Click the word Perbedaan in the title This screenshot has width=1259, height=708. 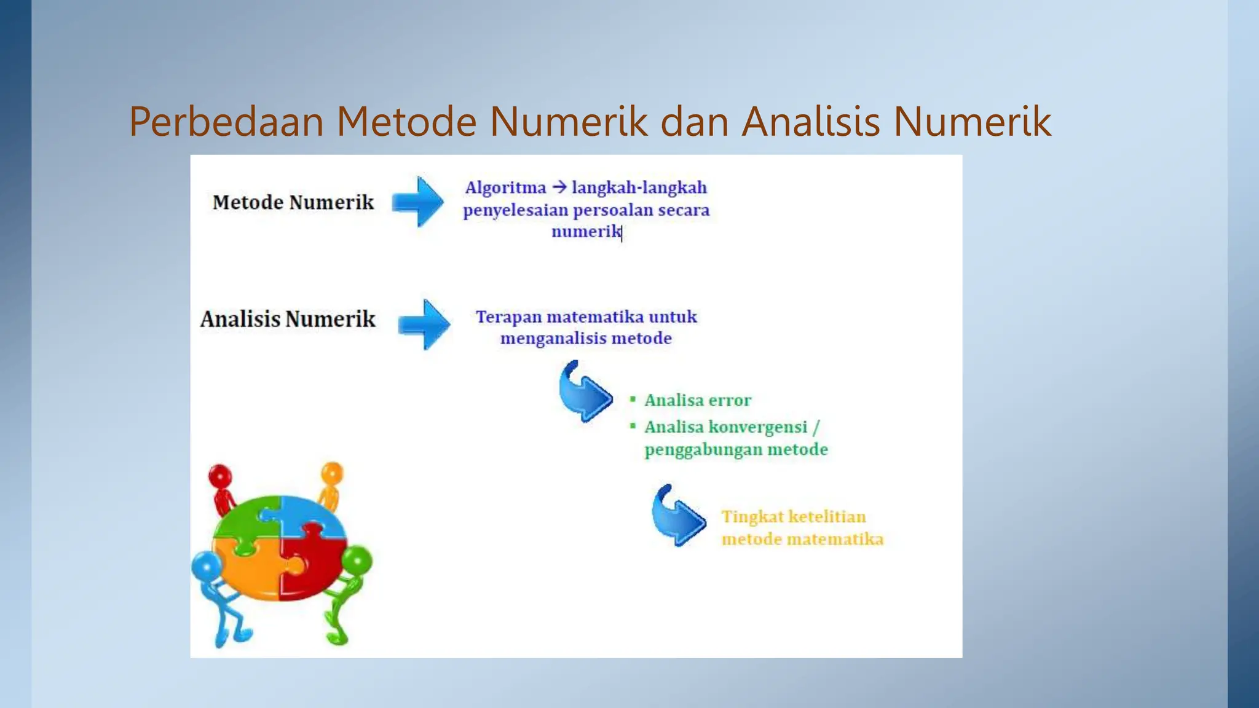(x=226, y=122)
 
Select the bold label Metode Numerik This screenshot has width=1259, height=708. (x=293, y=202)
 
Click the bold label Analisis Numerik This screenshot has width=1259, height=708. (x=288, y=319)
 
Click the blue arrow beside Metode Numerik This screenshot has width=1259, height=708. (x=419, y=202)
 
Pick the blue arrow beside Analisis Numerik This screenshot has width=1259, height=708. (x=424, y=324)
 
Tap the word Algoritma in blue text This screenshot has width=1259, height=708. (x=505, y=187)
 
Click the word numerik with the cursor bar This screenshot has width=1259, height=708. (x=586, y=232)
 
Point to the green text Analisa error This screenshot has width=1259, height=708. (x=698, y=401)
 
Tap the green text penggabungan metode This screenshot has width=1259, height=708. (x=736, y=450)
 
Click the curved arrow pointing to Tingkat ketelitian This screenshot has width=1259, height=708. (x=677, y=517)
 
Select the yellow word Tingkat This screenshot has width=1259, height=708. (x=752, y=517)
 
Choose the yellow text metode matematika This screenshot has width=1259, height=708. (x=802, y=540)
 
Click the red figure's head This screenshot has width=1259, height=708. (x=220, y=476)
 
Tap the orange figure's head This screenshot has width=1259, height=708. (x=332, y=473)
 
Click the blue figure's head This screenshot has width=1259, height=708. (x=207, y=566)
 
